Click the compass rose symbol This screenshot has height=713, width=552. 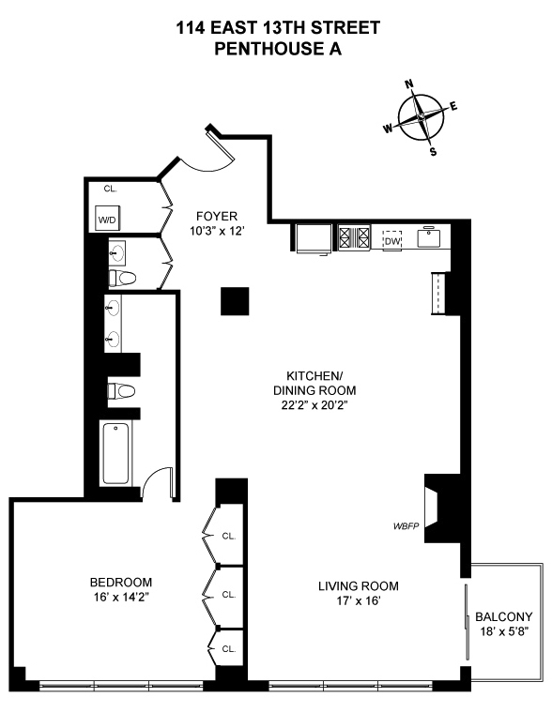pos(422,118)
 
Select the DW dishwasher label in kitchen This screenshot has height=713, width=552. pos(391,240)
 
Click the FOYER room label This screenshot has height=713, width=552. pos(215,215)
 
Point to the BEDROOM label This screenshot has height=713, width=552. pos(120,582)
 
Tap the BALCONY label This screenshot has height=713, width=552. pos(503,616)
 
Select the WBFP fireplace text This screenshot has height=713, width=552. pos(406,526)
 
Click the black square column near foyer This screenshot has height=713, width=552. pos(235,301)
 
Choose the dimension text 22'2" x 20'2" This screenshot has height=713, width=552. pos(314,405)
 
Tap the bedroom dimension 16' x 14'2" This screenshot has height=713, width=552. pos(120,597)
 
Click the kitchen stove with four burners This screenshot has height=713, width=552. pos(355,237)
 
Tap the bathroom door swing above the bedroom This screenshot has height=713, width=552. pos(159,479)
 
